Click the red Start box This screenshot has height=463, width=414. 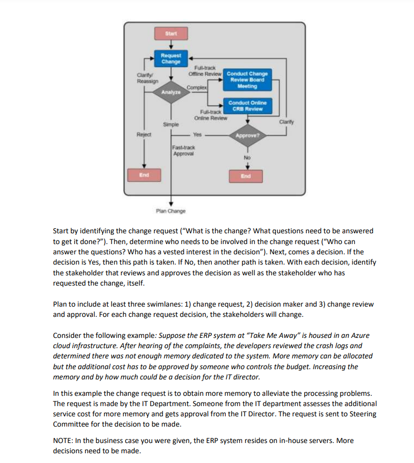coord(171,34)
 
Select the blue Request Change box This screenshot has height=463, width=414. coord(171,58)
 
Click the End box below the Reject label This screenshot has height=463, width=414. coord(144,175)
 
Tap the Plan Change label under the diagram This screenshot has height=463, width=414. coord(171,211)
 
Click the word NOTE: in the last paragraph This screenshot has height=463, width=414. coord(64,440)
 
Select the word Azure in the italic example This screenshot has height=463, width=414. coord(359,335)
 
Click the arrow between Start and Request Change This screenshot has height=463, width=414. coord(171,45)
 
